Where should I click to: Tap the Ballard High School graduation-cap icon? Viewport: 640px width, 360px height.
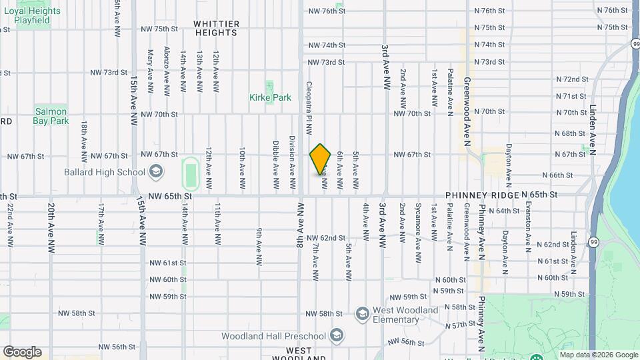156,173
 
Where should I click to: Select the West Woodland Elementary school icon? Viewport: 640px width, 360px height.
362,313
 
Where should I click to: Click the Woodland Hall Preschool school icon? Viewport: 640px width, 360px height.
337,335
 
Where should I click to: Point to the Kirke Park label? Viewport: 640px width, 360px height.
270,97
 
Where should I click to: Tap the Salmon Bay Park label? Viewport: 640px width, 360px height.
51,116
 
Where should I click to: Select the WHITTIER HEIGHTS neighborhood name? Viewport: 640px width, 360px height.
216,27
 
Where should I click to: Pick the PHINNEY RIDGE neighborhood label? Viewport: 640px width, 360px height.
482,195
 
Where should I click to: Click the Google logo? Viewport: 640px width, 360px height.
22,351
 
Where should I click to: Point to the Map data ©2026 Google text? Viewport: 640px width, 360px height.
598,355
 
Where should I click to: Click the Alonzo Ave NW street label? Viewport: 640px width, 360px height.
166,70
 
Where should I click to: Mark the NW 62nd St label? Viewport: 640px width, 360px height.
326,238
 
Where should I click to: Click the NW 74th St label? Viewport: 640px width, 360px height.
326,45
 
